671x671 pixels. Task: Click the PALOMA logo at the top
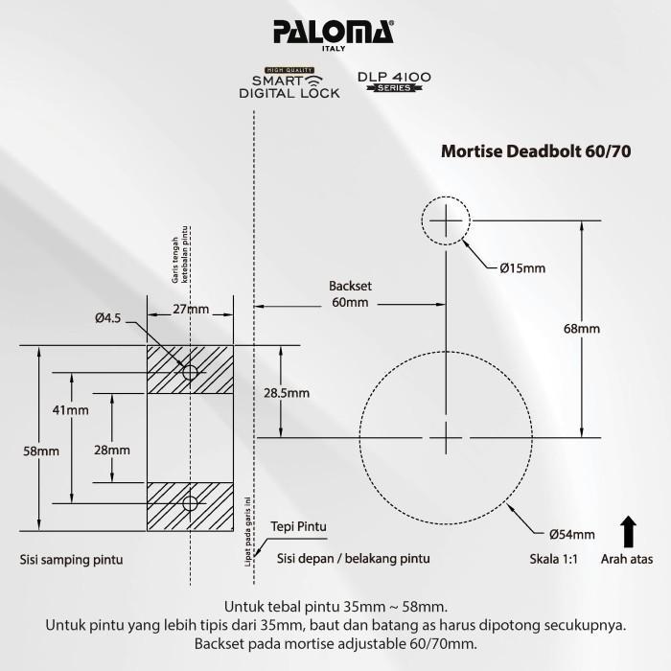(x=333, y=34)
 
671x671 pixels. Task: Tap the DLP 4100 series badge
(x=393, y=81)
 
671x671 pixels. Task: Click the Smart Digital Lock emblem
(x=289, y=83)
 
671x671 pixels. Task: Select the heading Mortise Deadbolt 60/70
(x=535, y=150)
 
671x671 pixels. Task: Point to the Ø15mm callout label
(x=521, y=269)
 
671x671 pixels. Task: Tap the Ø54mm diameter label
(x=572, y=534)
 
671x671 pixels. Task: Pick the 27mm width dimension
(x=190, y=309)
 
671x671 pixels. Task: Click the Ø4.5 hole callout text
(x=107, y=317)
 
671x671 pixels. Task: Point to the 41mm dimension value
(x=70, y=410)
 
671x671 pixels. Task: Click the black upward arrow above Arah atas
(x=629, y=530)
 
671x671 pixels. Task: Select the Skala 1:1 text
(x=553, y=559)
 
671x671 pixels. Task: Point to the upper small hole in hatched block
(x=190, y=371)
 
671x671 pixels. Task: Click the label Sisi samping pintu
(x=72, y=560)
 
